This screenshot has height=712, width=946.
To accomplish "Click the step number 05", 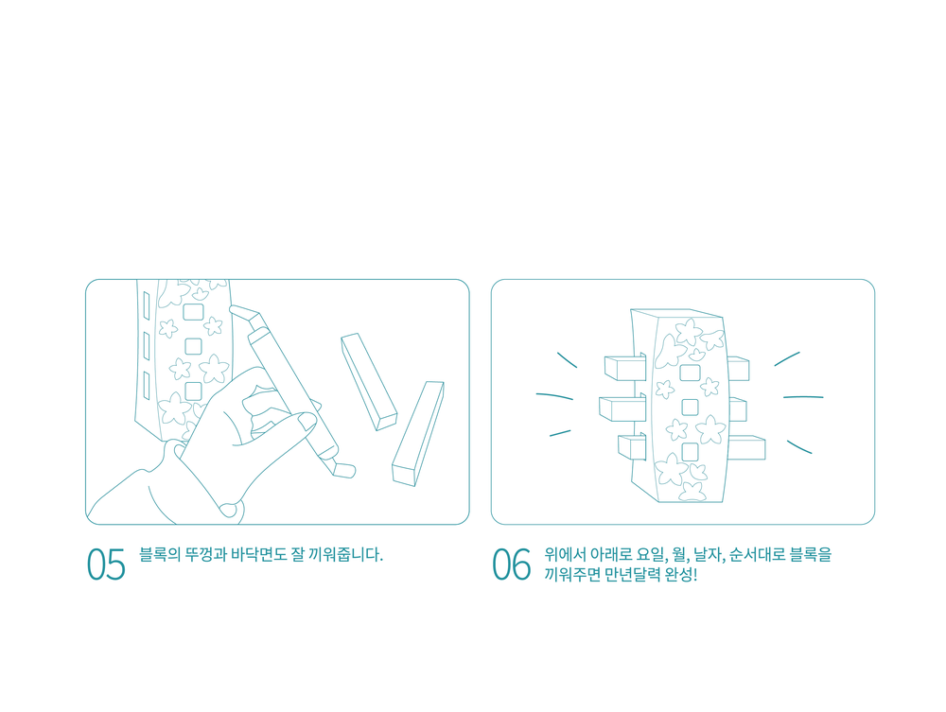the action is point(106,564).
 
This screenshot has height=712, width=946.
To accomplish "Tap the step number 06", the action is point(512,564).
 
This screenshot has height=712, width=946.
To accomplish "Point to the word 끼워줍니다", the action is point(345,554).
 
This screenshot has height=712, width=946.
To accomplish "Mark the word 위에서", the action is point(565,554).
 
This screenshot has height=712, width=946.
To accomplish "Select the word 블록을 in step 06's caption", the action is point(811,554).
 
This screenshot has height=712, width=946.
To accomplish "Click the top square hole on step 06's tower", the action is point(691,373).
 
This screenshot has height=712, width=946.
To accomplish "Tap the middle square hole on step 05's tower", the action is point(193,347).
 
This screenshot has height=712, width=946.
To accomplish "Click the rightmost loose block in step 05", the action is point(418,433).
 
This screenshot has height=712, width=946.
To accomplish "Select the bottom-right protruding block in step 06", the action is point(746,447).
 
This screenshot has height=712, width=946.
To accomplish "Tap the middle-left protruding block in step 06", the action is point(622,408).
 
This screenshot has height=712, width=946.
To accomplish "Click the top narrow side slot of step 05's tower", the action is point(146,305).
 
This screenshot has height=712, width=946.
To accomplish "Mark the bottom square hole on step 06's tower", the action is point(690,452).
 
